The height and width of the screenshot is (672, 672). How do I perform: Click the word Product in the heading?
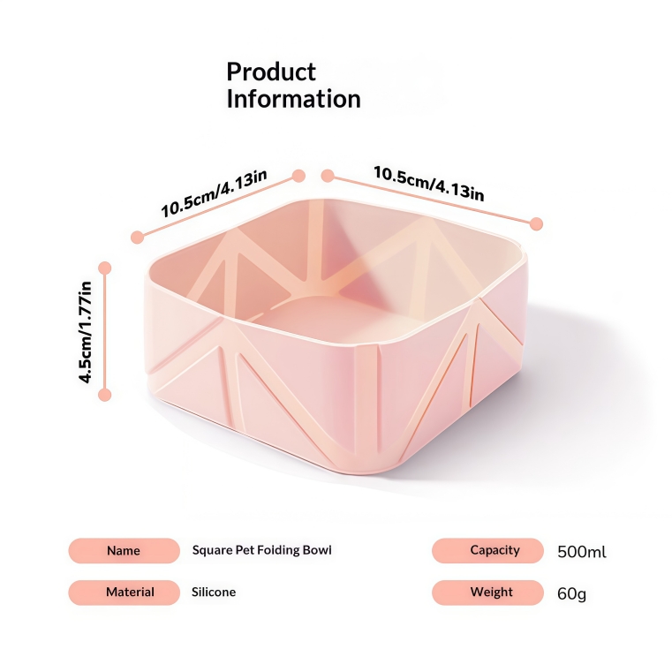click(x=271, y=72)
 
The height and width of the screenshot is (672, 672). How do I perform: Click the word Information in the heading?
click(x=293, y=100)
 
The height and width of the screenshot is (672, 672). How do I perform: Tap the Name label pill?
click(x=124, y=551)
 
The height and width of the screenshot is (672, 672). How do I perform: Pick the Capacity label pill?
click(x=487, y=551)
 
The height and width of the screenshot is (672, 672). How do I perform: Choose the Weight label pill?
click(x=487, y=593)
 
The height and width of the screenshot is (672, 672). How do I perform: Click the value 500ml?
click(x=582, y=553)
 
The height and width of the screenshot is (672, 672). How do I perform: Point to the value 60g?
click(x=571, y=593)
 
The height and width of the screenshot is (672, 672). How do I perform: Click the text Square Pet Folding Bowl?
click(x=262, y=550)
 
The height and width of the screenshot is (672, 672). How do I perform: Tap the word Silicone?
click(x=214, y=593)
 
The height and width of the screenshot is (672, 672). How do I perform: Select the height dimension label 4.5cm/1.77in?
click(x=87, y=332)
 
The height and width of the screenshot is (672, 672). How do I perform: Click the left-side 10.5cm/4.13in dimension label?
click(x=214, y=194)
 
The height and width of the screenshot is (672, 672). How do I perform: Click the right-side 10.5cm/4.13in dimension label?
click(x=428, y=184)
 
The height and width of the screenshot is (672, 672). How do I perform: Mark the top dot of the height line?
click(x=105, y=268)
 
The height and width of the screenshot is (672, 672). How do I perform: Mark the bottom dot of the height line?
click(x=105, y=396)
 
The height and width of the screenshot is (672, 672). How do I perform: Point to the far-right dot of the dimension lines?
click(x=536, y=223)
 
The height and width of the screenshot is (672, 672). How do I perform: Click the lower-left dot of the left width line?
click(x=137, y=237)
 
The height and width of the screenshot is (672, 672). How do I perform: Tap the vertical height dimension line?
click(x=105, y=332)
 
